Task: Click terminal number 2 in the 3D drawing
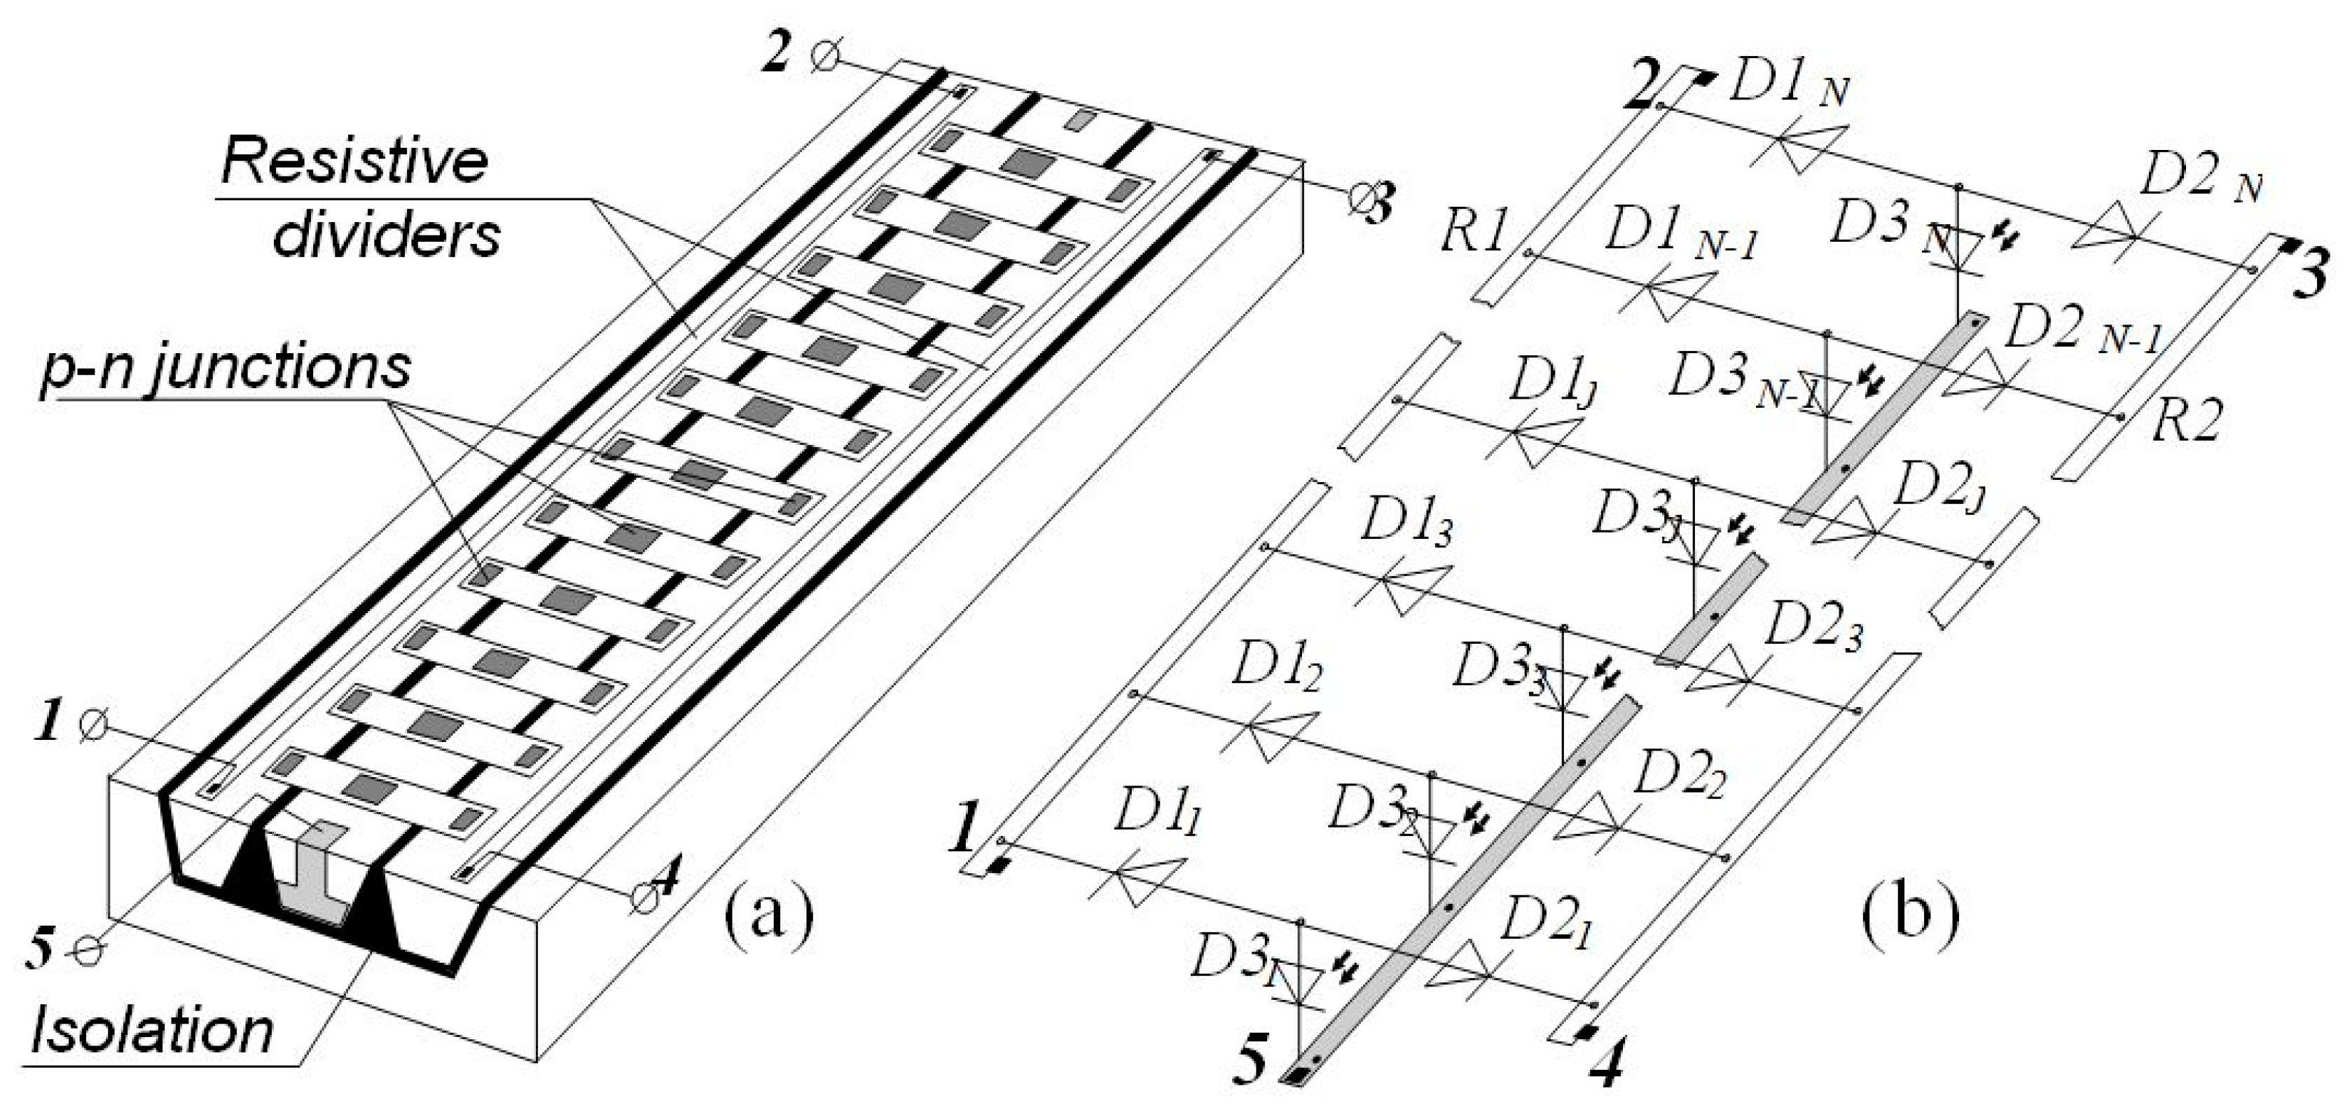pyautogui.click(x=777, y=55)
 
